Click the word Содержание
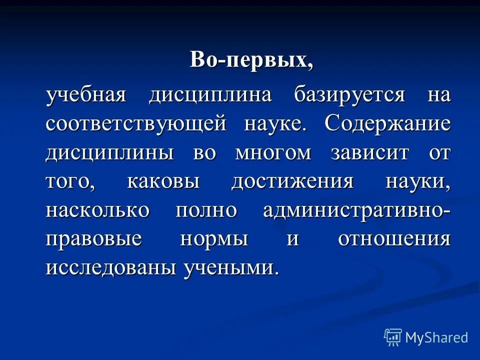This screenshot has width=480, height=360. click(387, 124)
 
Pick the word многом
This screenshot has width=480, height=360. click(273, 152)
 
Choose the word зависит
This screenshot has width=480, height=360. click(369, 152)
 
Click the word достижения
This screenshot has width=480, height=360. click(292, 181)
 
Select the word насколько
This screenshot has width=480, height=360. click(97, 210)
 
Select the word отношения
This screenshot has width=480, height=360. click(394, 239)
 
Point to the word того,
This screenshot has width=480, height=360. click(69, 182)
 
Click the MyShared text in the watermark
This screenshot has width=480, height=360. click(436, 337)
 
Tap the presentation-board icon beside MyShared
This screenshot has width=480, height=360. click(393, 337)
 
